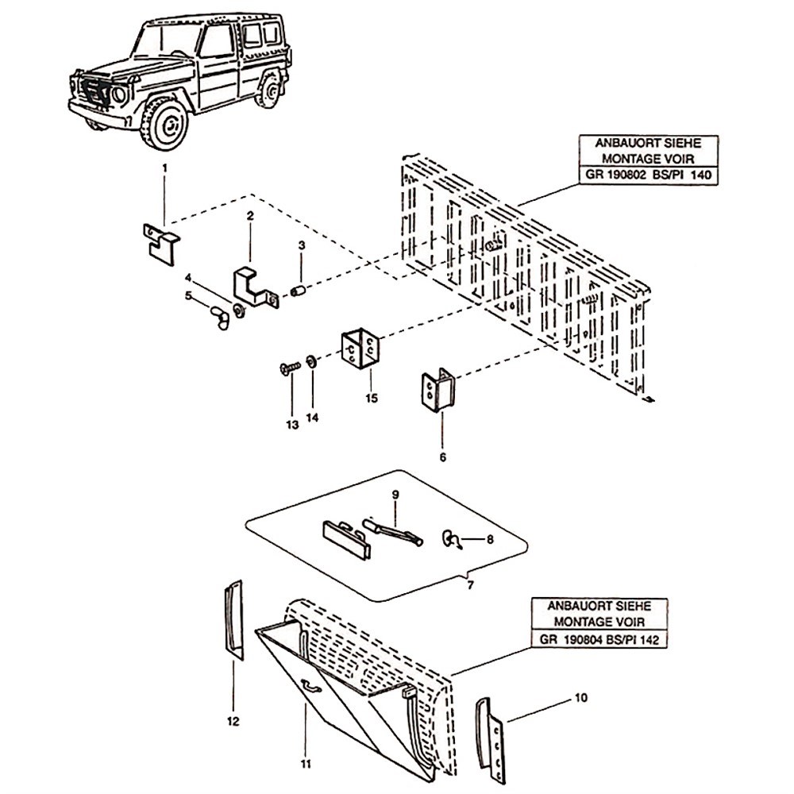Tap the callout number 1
point(165,168)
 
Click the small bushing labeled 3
point(299,291)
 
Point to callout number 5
point(189,296)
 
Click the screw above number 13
point(290,367)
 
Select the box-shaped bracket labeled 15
point(361,350)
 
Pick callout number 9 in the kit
point(394,495)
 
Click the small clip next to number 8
point(449,540)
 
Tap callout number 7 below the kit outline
point(470,585)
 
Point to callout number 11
point(306,764)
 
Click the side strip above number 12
point(233,619)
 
